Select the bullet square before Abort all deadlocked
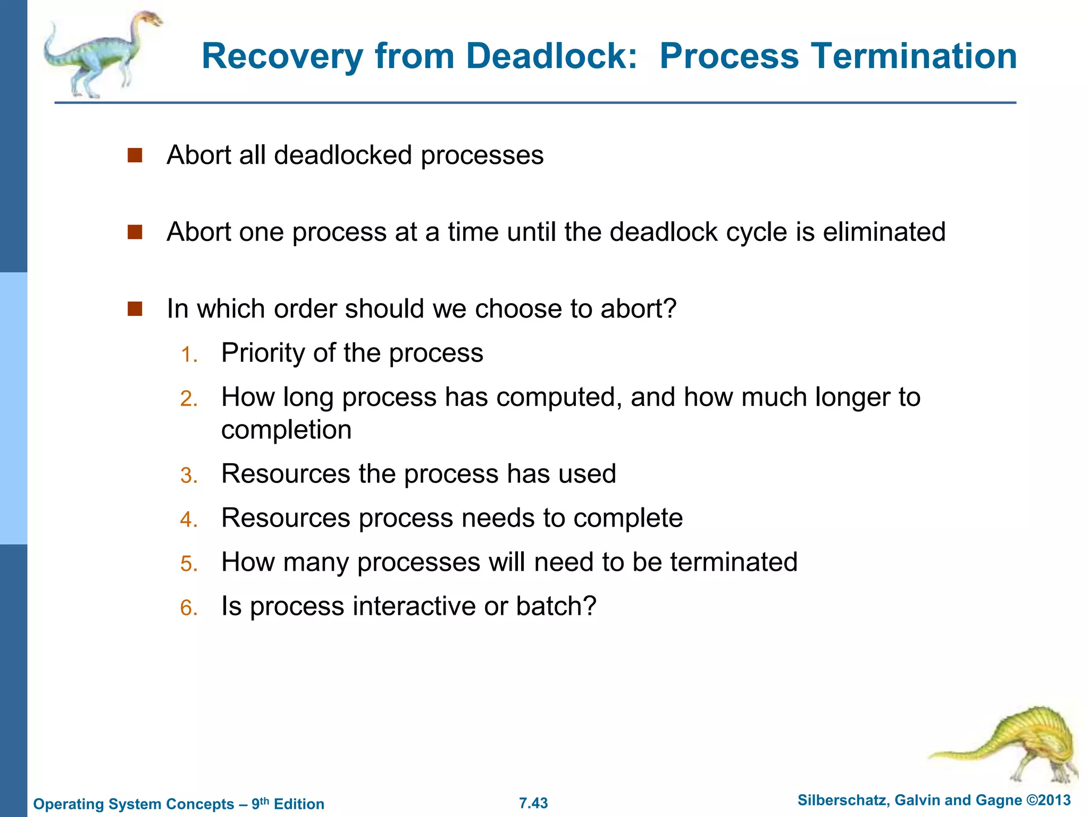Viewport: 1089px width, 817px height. tap(135, 155)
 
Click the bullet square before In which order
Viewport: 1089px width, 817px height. tap(135, 309)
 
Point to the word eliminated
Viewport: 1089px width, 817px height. tap(884, 232)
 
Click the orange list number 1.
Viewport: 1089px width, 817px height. tap(189, 354)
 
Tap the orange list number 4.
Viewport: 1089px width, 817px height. tap(189, 519)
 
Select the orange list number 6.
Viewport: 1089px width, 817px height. tap(189, 607)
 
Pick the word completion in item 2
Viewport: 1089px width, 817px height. tap(286, 430)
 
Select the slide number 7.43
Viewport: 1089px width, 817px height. tap(533, 803)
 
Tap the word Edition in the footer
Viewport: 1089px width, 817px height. tap(299, 804)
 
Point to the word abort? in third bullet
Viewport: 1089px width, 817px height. tap(638, 309)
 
